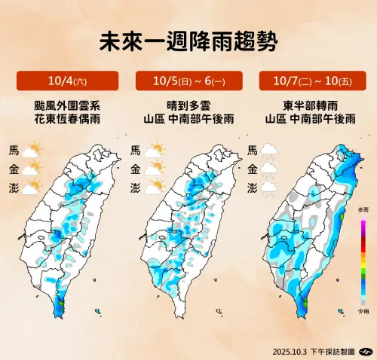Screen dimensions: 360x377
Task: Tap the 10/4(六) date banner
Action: click(x=67, y=81)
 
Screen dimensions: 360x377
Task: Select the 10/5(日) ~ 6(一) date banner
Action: click(x=188, y=81)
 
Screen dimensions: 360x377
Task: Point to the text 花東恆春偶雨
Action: click(x=67, y=119)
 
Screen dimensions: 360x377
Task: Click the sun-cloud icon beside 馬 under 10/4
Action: click(x=33, y=151)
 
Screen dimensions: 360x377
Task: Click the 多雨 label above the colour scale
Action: click(x=363, y=209)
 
